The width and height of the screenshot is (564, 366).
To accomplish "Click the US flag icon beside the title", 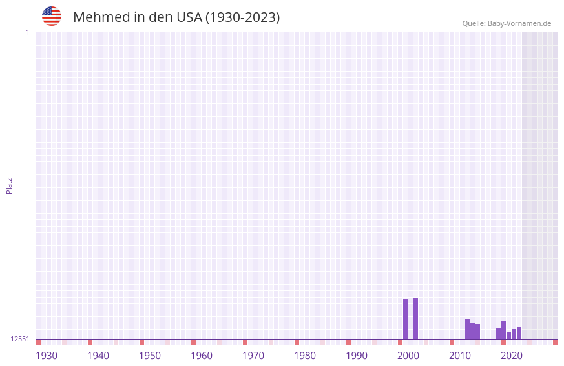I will [52, 16].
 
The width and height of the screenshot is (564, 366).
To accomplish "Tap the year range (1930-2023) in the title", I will [242, 17].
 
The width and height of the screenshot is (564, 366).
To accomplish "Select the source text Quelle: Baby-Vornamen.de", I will [507, 23].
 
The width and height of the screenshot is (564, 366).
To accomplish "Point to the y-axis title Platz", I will [9, 185].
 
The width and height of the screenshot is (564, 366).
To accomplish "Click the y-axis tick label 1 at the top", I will [27, 32].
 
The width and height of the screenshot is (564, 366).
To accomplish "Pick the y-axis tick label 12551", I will [20, 339].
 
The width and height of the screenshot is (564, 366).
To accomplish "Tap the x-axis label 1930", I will [47, 356].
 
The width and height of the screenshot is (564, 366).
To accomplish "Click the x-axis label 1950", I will [150, 356].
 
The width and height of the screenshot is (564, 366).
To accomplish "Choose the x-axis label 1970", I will [253, 356].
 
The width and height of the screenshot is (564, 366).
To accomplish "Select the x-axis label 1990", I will [357, 356].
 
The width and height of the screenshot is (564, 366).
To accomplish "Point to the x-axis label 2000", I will [408, 356].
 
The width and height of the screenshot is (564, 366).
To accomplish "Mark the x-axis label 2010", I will [460, 356].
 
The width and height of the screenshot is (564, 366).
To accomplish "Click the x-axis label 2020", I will [512, 356].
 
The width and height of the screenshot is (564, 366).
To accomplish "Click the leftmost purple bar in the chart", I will [406, 319].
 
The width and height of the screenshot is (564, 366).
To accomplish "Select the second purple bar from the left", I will [416, 319].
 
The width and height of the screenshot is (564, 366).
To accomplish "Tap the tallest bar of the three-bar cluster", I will [468, 329].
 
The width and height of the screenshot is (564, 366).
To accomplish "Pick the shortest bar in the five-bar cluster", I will [509, 336].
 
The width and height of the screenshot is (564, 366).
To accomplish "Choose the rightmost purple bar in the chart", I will [519, 333].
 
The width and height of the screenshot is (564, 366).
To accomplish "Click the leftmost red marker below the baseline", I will [39, 342].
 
